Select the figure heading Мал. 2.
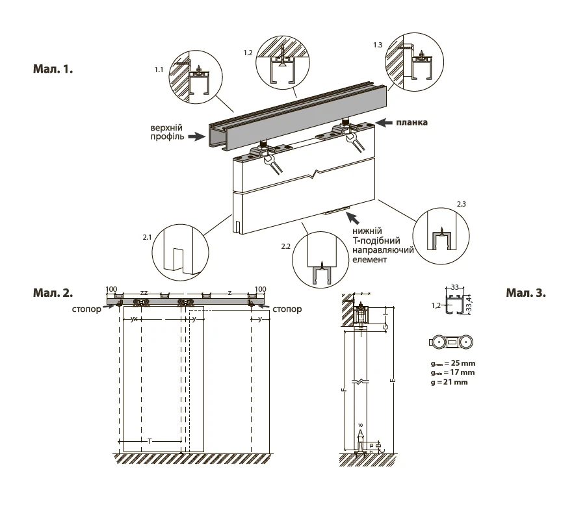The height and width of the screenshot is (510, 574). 53,293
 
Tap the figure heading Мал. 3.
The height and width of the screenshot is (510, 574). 526,293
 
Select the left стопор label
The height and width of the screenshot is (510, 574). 86,309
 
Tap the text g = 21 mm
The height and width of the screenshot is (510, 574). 448,382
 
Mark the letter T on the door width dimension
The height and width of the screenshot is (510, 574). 150,441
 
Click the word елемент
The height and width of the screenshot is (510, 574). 370,259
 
